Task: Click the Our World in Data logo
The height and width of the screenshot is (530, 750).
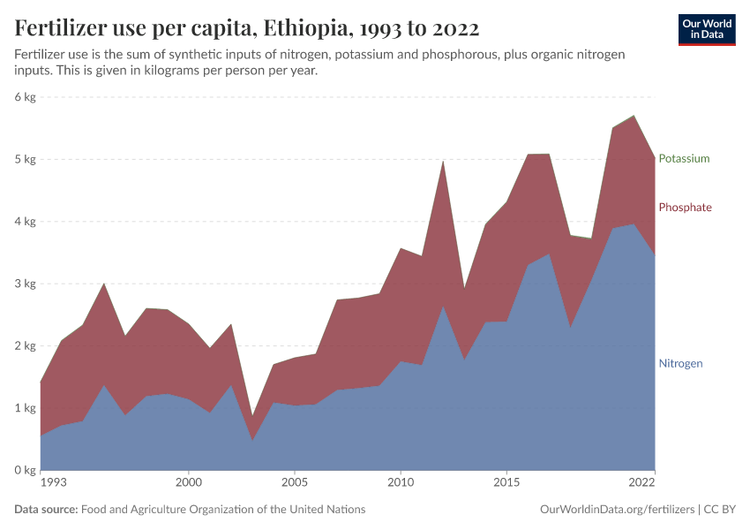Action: pos(707,29)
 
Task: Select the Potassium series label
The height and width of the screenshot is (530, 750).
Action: pos(684,159)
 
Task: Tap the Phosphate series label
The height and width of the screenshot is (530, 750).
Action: pos(685,208)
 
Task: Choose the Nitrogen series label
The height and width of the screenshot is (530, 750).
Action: pos(680,364)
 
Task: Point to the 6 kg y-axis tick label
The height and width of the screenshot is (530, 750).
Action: pos(24,97)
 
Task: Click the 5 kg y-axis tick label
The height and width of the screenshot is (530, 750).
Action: pos(24,160)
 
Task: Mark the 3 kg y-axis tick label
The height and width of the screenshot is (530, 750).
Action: pos(24,284)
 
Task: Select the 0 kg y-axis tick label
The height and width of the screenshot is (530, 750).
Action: pos(24,470)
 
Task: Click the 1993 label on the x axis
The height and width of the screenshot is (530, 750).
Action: pos(54,484)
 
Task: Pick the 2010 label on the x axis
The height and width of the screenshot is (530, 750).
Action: pos(401,484)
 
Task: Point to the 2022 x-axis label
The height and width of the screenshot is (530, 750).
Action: pos(641,484)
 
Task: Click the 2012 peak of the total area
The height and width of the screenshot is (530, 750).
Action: pos(443,161)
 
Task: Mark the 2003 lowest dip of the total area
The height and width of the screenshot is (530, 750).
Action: pos(251,416)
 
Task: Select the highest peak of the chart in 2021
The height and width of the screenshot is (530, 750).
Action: pos(634,116)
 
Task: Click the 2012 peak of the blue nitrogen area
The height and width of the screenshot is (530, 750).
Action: pos(443,306)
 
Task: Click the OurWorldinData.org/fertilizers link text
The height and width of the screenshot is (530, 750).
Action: pos(615,510)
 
